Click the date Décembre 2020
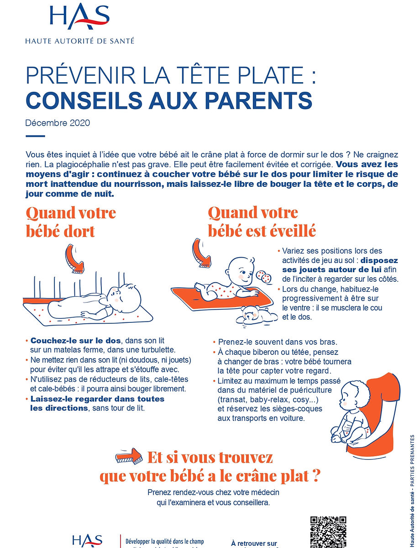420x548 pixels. (58, 123)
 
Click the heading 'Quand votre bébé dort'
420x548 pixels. (71, 222)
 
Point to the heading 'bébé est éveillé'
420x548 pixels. (262, 231)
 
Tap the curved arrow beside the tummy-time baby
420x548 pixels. (201, 253)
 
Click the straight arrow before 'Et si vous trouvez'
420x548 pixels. (129, 455)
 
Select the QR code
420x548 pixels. (328, 532)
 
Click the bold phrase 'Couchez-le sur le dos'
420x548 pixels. (76, 341)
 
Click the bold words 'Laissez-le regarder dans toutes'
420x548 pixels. (97, 399)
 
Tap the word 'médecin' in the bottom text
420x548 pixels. (262, 493)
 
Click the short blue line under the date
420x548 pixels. (35, 136)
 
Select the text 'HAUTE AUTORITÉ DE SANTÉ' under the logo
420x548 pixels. (80, 41)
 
